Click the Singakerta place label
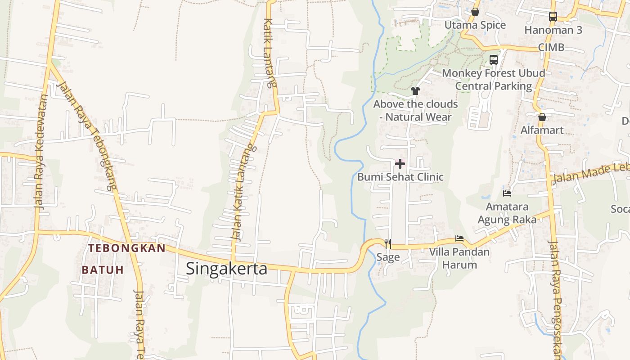pyautogui.click(x=226, y=269)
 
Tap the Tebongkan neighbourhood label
pyautogui.click(x=127, y=248)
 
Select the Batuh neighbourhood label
pyautogui.click(x=102, y=270)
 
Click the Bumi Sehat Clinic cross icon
pyautogui.click(x=400, y=164)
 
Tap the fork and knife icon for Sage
pyautogui.click(x=388, y=244)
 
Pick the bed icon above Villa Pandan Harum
pyautogui.click(x=459, y=238)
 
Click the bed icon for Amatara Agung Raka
pyautogui.click(x=507, y=193)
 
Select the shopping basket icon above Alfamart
pyautogui.click(x=542, y=117)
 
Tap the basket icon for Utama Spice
pyautogui.click(x=475, y=12)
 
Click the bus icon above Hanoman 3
pyautogui.click(x=553, y=17)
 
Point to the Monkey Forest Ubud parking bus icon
pyautogui.click(x=494, y=59)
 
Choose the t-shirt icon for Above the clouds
pyautogui.click(x=415, y=91)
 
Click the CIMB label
pyautogui.click(x=551, y=48)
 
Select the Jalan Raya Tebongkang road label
pyautogui.click(x=88, y=135)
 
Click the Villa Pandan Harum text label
pyautogui.click(x=459, y=258)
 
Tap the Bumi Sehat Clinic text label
pyautogui.click(x=400, y=177)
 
